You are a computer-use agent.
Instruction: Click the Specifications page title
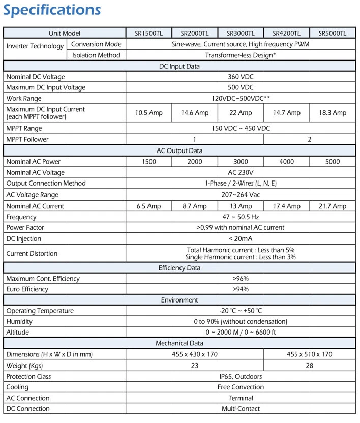tap(52, 10)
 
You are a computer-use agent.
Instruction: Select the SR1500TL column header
tap(149, 33)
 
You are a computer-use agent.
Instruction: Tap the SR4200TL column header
tap(286, 33)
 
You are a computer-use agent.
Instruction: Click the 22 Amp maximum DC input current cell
tap(241, 113)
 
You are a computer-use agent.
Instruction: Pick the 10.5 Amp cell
tap(149, 113)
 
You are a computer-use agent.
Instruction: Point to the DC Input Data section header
tap(179, 66)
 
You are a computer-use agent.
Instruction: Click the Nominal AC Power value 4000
tap(286, 162)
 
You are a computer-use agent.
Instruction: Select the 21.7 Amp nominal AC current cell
tap(332, 206)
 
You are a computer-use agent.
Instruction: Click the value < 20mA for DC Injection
tap(241, 239)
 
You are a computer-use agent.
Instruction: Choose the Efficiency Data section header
tap(179, 268)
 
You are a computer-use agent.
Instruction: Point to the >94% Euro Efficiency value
tap(241, 289)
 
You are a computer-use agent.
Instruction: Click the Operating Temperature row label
tap(40, 311)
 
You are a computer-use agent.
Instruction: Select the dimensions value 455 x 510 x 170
tap(309, 354)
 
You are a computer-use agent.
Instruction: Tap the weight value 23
tap(195, 366)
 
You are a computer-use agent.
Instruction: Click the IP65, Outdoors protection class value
tap(241, 377)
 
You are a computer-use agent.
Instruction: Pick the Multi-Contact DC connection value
tap(241, 409)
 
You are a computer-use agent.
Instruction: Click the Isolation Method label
tap(96, 55)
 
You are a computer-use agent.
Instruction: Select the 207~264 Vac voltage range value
tap(241, 195)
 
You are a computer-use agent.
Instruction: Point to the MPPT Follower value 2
tap(309, 139)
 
